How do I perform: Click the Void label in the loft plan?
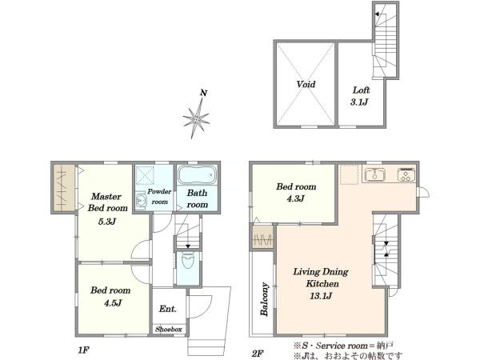(306, 84)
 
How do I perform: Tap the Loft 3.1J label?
(360, 96)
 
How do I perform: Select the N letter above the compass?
(203, 93)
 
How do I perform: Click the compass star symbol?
(196, 118)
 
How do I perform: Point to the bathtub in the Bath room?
(197, 174)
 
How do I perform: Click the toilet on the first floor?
(187, 261)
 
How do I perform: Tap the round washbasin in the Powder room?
(141, 202)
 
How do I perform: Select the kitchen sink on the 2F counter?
(375, 174)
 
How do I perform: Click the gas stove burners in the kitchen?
(406, 174)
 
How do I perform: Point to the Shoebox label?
(169, 330)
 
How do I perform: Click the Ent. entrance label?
(168, 309)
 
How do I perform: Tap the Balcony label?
(264, 299)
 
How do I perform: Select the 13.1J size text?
(321, 296)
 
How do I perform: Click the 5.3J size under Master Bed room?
(107, 222)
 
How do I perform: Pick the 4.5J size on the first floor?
(113, 303)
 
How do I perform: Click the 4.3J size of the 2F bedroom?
(295, 199)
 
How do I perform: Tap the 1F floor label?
(83, 350)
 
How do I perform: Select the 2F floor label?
(258, 354)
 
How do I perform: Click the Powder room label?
(159, 197)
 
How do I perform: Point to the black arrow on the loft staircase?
(378, 14)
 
